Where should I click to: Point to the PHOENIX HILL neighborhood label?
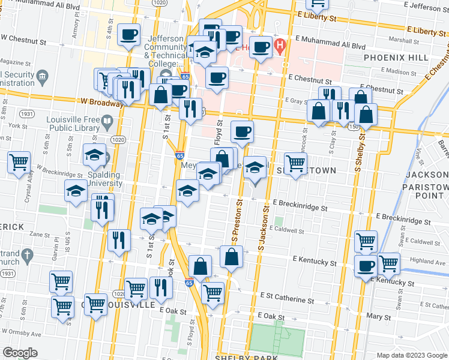point(396,58)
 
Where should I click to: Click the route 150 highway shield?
point(355,128)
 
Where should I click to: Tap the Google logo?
point(20,353)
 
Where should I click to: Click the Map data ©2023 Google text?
point(411,355)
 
